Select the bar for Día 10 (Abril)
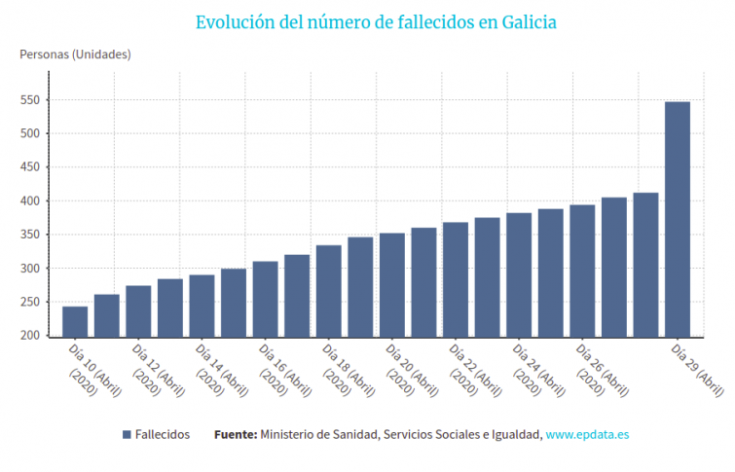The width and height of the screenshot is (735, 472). [x=75, y=322]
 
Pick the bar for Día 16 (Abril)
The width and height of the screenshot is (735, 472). [x=265, y=299]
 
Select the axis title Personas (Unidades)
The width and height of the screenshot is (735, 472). [x=75, y=54]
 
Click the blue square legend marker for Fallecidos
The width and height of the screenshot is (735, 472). [x=127, y=434]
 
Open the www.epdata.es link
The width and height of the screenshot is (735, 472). [x=586, y=434]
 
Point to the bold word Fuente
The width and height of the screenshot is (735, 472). [x=235, y=434]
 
